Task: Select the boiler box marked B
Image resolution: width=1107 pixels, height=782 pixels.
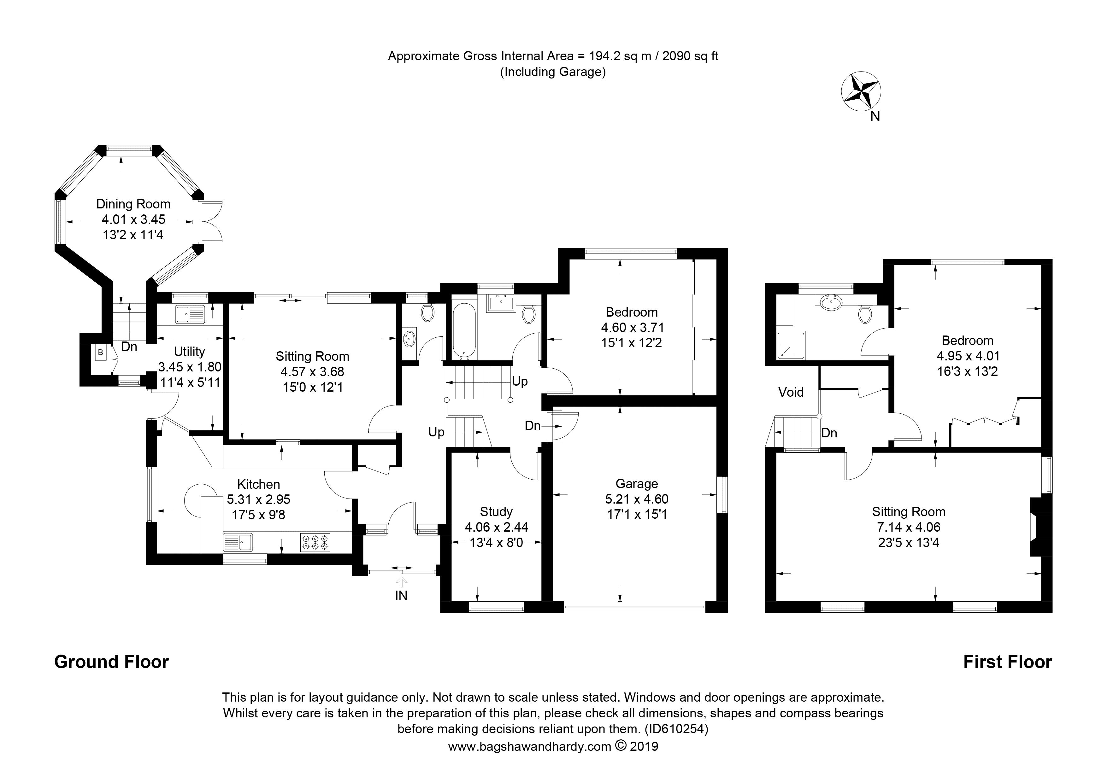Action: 100,352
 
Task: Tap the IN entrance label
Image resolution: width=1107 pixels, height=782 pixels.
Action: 401,596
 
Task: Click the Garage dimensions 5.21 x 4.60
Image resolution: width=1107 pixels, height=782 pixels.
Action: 637,499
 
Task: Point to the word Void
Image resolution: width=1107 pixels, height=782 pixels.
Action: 791,392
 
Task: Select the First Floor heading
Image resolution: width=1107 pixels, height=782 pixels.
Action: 1007,662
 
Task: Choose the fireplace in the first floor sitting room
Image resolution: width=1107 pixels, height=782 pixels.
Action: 1037,527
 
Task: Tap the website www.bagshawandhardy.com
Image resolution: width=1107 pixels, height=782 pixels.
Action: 529,747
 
